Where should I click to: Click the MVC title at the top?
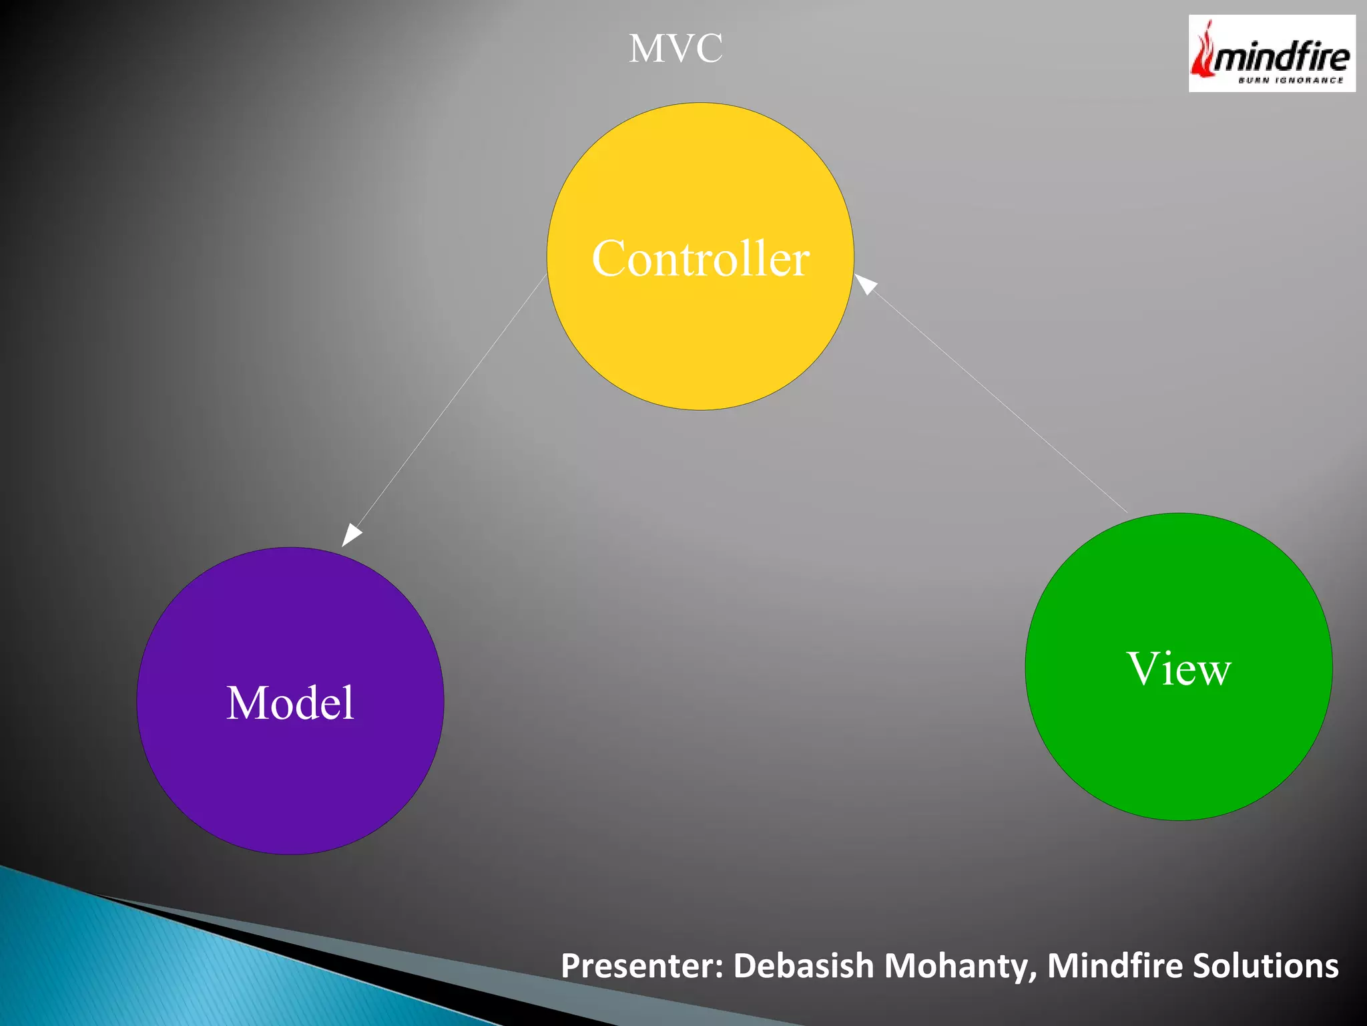pos(675,49)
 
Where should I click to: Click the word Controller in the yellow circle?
pos(700,259)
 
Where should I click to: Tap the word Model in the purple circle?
pos(290,703)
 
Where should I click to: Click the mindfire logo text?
pos(1282,57)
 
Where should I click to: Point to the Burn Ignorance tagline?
pos(1290,81)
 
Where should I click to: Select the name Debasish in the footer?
pos(803,966)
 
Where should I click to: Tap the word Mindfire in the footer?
pos(1114,966)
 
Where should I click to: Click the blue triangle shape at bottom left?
pos(133,969)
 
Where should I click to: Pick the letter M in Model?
pos(246,703)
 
